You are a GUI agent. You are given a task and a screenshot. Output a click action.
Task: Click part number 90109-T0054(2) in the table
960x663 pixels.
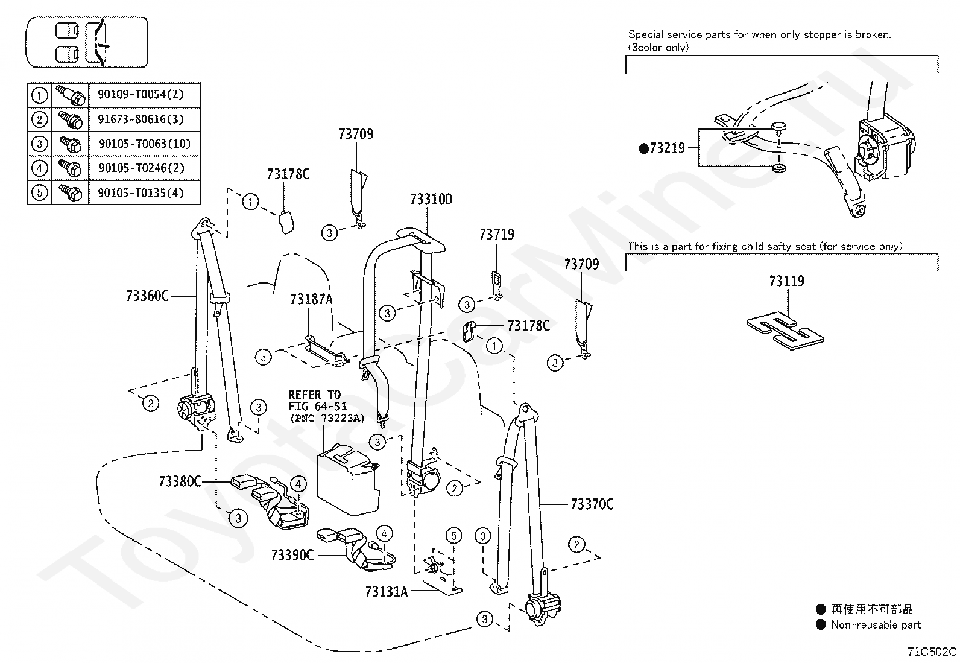pos(141,94)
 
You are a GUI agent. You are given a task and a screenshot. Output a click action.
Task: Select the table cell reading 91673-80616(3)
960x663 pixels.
pos(141,119)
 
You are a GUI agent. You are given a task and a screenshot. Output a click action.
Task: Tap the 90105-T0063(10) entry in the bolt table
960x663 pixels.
pos(145,144)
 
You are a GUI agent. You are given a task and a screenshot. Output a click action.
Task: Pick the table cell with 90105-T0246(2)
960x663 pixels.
pos(142,168)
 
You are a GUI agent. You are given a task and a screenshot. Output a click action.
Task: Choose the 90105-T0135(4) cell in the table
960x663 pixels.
pos(141,193)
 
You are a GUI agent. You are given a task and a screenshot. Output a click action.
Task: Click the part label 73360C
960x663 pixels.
pos(147,296)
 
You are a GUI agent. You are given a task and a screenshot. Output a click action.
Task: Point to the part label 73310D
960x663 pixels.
pos(431,200)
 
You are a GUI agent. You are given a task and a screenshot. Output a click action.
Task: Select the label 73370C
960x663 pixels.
pos(592,504)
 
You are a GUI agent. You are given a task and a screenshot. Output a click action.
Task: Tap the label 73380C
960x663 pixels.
pos(180,481)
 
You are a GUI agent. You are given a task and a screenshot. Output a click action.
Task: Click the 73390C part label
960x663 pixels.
pos(292,556)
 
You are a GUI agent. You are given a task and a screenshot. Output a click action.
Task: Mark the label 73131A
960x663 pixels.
pos(387,592)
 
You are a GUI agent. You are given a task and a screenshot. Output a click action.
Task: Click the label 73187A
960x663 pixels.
pos(312,299)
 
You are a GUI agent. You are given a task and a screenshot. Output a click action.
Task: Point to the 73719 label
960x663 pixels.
pos(497,235)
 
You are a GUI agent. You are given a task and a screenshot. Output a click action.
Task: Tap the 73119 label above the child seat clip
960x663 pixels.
pos(787,281)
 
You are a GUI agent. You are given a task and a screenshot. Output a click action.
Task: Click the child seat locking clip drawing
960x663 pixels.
pos(785,331)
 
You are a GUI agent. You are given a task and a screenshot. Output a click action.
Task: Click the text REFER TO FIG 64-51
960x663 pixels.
pos(317,400)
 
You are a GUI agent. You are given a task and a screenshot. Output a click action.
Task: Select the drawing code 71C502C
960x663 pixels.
pos(932,652)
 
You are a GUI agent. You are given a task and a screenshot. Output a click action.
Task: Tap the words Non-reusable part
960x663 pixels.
pos(876,625)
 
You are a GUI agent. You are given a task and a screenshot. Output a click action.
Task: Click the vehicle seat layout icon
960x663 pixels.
pos(87,42)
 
